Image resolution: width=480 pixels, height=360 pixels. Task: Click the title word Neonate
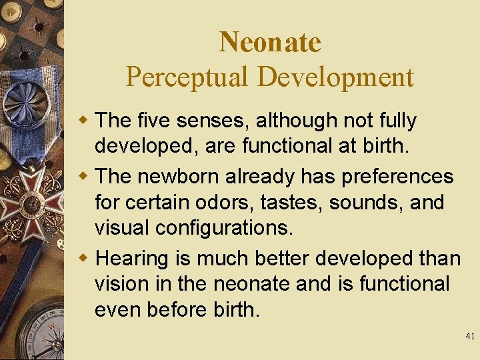[x=270, y=43]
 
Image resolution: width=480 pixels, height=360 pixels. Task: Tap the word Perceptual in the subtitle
[x=187, y=77]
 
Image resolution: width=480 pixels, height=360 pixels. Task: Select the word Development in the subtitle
[x=335, y=77]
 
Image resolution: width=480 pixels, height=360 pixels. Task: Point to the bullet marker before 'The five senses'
[x=85, y=121]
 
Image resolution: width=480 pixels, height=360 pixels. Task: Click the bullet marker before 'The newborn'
[x=85, y=176]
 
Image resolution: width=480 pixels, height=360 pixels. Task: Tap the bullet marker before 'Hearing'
[x=85, y=259]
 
